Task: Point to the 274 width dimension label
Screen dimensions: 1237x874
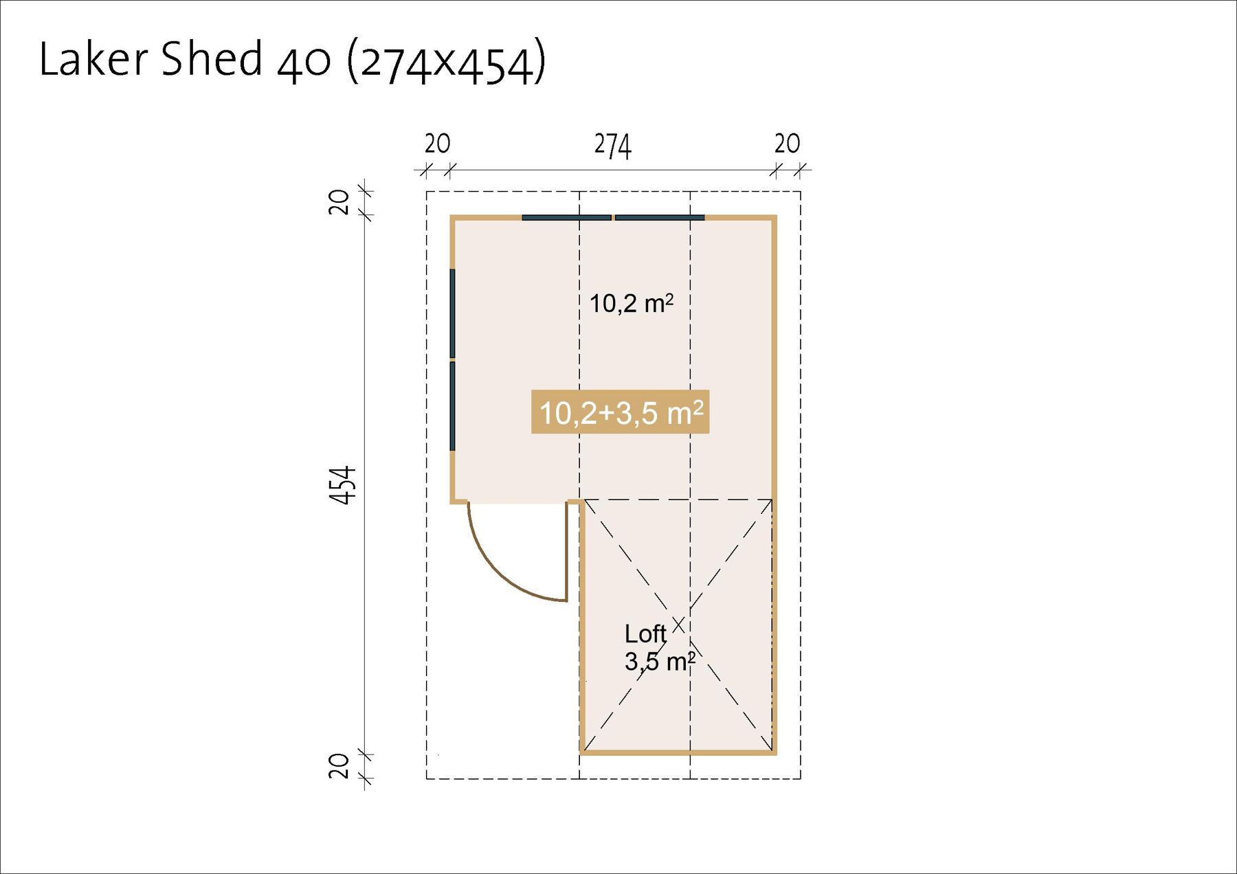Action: coord(612,146)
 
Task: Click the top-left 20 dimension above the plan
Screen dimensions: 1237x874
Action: coord(437,144)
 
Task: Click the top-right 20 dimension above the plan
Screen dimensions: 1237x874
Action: coord(787,144)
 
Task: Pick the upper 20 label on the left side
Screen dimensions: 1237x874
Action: coord(339,203)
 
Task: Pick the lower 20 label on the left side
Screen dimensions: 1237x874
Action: coord(339,766)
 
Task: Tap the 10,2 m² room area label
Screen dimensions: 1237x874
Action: coord(632,303)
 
